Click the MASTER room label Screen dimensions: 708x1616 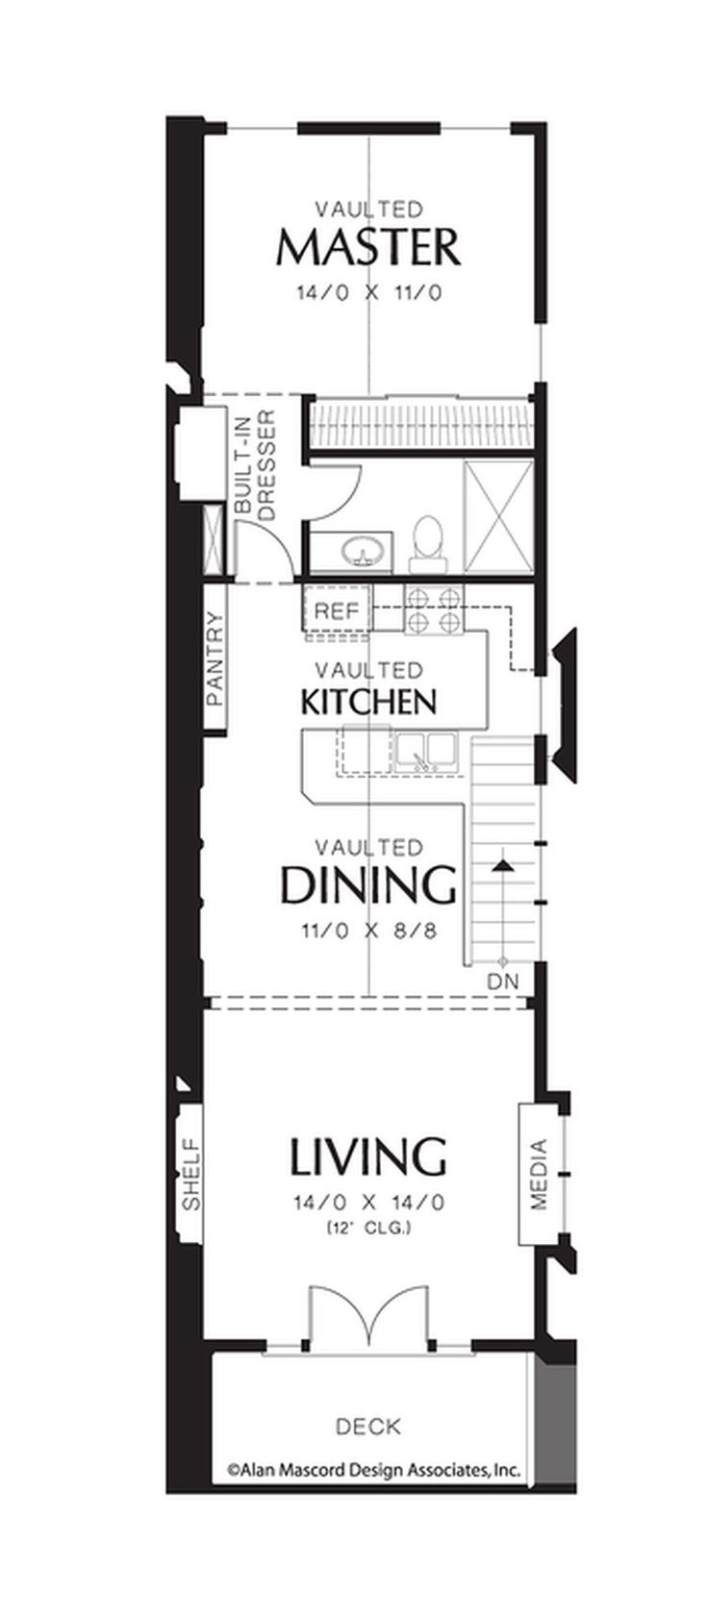[x=368, y=247]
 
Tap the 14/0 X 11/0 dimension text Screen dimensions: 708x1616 [x=368, y=293]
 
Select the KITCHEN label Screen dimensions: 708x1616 [x=368, y=701]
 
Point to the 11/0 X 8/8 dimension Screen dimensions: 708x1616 [x=368, y=931]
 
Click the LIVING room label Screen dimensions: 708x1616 [x=368, y=1156]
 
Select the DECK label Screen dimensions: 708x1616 [x=368, y=1427]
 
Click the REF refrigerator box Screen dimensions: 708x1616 [x=337, y=611]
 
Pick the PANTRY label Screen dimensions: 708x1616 [x=215, y=659]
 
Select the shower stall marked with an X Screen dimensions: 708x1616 [x=499, y=517]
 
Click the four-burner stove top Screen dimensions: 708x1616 [x=435, y=610]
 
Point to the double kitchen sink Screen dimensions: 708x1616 [x=426, y=753]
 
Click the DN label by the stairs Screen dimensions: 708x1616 [x=503, y=982]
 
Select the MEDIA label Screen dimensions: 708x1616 [x=539, y=1174]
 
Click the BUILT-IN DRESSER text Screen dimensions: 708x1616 [x=256, y=465]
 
